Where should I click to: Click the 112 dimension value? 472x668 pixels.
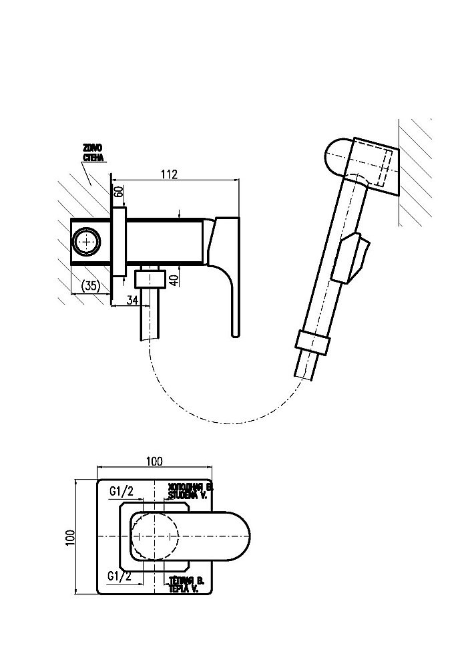pyautogui.click(x=169, y=174)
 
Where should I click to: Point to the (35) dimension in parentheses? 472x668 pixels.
pyautogui.click(x=90, y=286)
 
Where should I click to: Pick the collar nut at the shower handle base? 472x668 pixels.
pyautogui.click(x=312, y=343)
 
